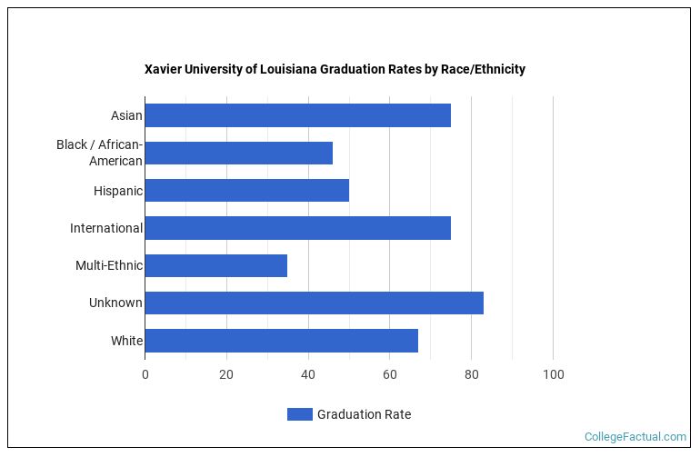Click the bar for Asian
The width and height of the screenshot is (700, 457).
click(297, 115)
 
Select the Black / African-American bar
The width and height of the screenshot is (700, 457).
click(238, 153)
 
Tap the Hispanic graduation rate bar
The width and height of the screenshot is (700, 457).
click(246, 191)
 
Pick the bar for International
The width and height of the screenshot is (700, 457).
click(297, 228)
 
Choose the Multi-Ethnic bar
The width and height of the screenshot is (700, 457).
click(215, 265)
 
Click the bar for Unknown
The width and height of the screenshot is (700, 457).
click(314, 303)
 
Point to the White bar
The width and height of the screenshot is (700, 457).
click(281, 341)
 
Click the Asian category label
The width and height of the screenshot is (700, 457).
click(126, 115)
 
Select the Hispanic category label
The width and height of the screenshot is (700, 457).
click(117, 191)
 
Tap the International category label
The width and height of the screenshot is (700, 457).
click(105, 228)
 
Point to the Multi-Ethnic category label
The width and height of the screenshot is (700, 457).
click(108, 265)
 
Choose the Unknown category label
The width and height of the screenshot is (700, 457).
click(115, 303)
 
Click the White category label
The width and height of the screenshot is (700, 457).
click(125, 341)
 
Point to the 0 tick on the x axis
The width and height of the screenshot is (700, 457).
click(145, 374)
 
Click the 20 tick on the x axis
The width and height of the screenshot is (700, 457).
click(226, 374)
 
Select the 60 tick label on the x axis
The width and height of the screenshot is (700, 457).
click(390, 374)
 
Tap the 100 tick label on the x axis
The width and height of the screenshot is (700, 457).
click(553, 374)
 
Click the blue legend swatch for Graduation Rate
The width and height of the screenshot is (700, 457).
click(299, 414)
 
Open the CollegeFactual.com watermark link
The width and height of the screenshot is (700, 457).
click(635, 437)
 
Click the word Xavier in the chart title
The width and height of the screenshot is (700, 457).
click(163, 69)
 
